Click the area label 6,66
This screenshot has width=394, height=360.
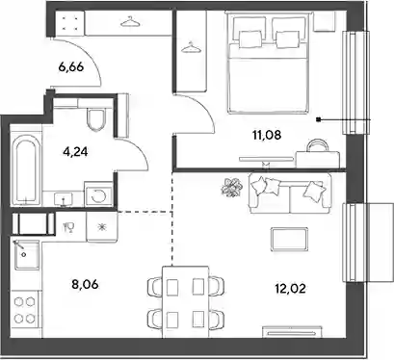[71, 67]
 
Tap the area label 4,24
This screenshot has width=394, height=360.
[76, 151]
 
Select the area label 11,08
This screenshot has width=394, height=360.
[267, 135]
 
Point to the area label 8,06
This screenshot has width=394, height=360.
[85, 284]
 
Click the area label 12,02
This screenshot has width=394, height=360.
[290, 289]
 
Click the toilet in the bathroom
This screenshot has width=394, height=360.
[96, 119]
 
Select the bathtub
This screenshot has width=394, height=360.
[26, 170]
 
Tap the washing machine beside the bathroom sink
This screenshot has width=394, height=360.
[98, 194]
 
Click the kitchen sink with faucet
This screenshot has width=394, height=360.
[27, 255]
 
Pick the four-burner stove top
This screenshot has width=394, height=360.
[25, 310]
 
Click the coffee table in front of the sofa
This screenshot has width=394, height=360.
[289, 240]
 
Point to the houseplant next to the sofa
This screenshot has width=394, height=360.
[231, 187]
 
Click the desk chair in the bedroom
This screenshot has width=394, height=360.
[318, 144]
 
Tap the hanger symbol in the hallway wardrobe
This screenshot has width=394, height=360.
[130, 22]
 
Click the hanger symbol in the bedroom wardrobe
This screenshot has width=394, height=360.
[191, 47]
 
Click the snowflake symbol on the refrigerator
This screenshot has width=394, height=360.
[102, 227]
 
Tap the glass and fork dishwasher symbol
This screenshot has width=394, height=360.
[69, 227]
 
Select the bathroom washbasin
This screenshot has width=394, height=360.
[63, 199]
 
